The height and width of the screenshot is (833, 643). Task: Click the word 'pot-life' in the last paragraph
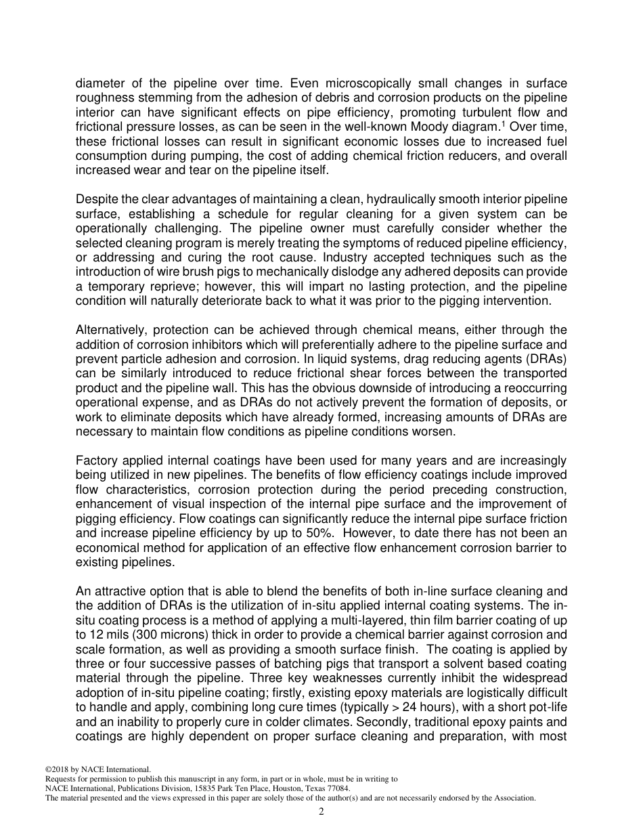pos(547,707)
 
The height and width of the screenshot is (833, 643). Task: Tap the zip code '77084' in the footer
pos(335,789)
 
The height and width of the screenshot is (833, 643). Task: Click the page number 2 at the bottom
pos(321,811)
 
